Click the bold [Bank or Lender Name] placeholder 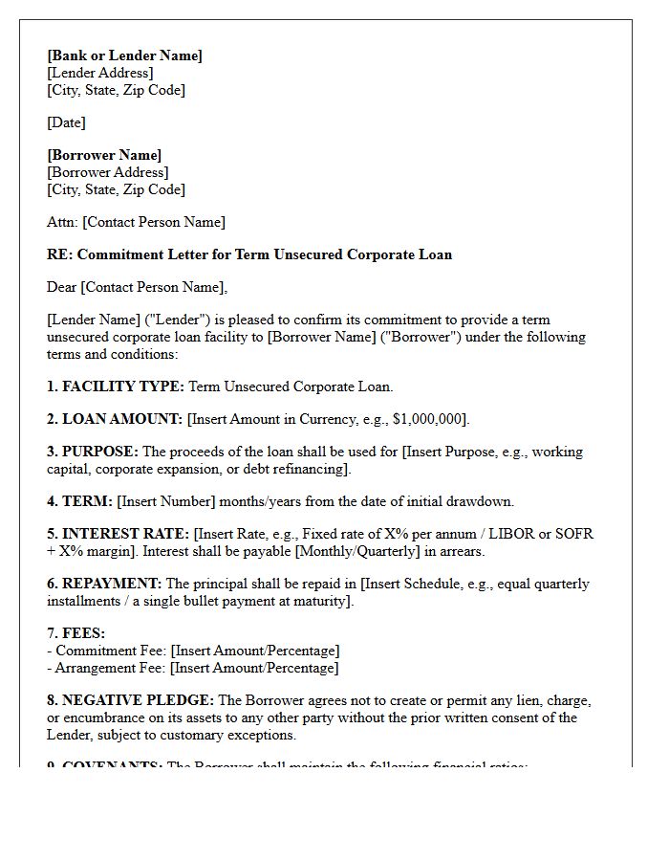(124, 55)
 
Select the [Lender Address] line (99, 73)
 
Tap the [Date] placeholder (66, 122)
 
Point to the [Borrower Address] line (107, 172)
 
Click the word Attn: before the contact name (62, 222)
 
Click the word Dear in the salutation (62, 287)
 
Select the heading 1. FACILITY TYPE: (116, 386)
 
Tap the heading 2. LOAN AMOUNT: (115, 419)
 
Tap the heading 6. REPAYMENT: (104, 584)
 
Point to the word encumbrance (107, 717)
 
